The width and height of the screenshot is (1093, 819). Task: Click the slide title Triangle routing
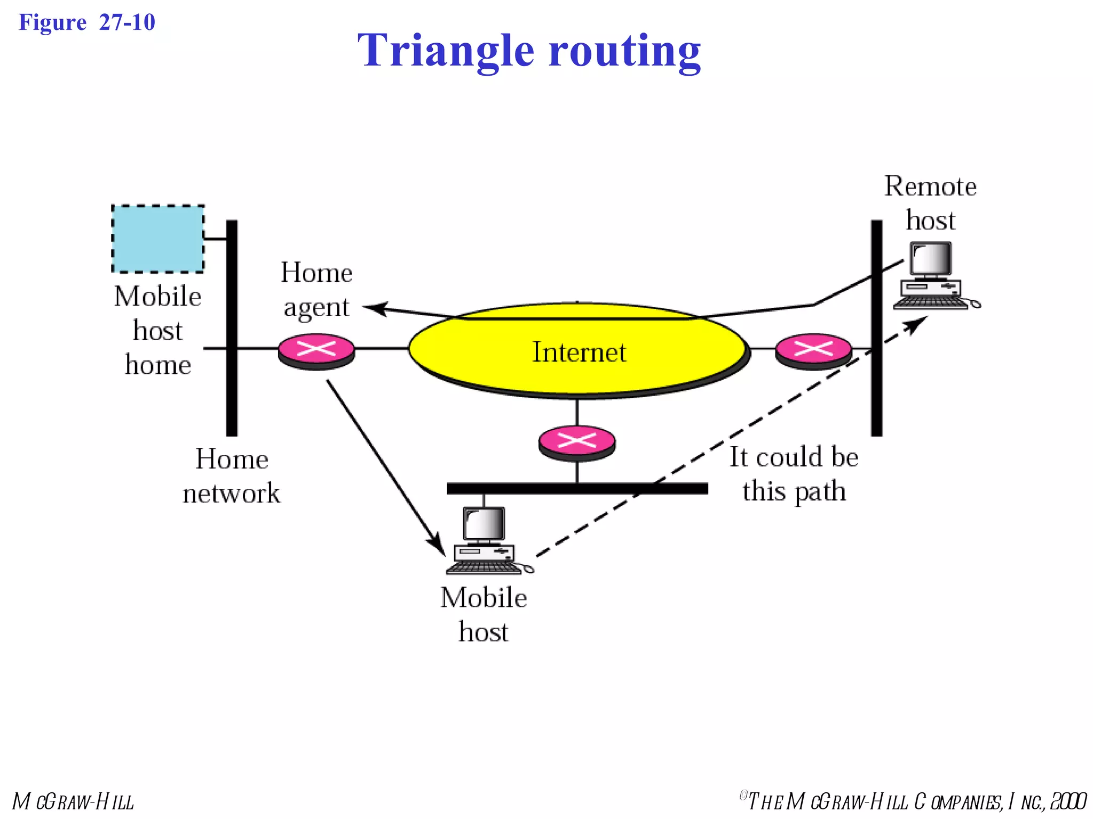(528, 51)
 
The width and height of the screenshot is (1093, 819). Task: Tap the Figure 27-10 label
(86, 22)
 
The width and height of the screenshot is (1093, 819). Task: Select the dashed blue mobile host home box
(157, 239)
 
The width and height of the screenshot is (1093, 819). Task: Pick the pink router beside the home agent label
(316, 350)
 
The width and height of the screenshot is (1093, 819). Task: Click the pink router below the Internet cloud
(576, 441)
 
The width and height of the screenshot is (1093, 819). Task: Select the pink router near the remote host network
(813, 350)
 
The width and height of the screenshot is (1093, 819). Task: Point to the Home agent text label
(316, 290)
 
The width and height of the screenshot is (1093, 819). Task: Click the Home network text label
(231, 476)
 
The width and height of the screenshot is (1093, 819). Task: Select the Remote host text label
(930, 203)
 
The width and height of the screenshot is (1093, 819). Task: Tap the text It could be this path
(794, 473)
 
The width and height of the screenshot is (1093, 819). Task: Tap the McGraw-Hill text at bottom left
(73, 801)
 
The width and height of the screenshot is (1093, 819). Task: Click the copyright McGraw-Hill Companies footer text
(913, 801)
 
